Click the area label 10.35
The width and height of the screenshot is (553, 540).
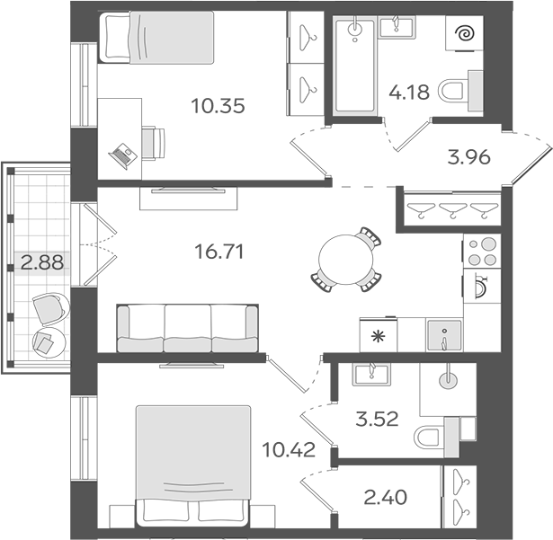coord(218,105)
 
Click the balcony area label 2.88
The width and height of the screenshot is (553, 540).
coord(39,264)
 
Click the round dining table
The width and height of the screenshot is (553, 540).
coord(345,257)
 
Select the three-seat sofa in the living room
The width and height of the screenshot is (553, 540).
coord(189,329)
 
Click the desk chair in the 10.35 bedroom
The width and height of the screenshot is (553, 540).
coord(154,141)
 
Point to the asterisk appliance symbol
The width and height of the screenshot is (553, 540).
coord(378,336)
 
